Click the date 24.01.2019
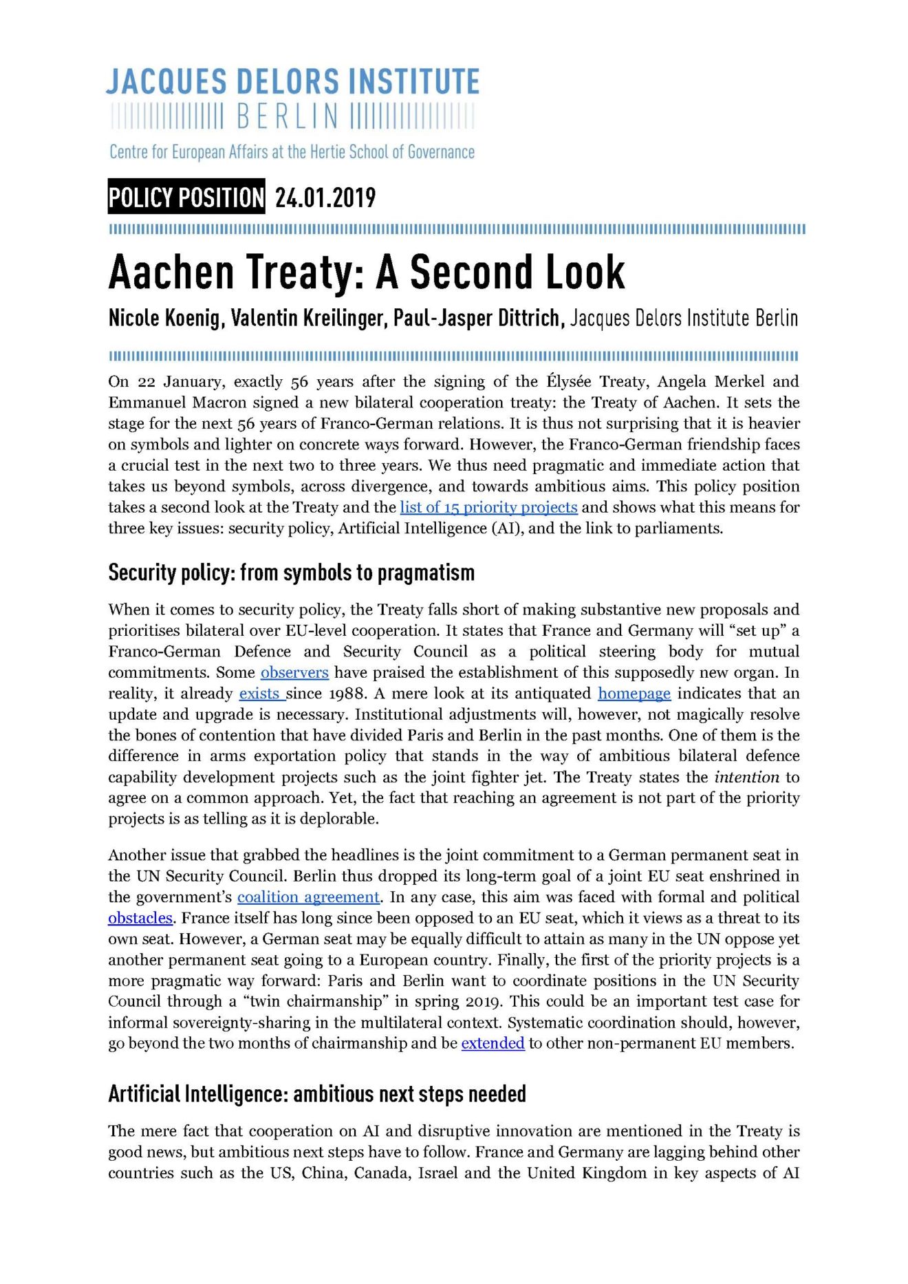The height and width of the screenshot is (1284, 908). click(325, 198)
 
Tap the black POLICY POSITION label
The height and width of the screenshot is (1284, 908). click(186, 197)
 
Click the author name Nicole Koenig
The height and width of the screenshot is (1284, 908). click(165, 318)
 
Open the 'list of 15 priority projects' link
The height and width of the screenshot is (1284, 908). click(488, 507)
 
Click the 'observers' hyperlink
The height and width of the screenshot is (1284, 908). click(294, 672)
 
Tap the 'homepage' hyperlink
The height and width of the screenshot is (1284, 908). click(634, 693)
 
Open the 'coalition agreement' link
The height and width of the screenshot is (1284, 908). click(308, 897)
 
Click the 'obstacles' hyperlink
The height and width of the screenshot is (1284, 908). click(140, 918)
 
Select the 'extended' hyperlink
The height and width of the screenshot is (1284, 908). click(493, 1043)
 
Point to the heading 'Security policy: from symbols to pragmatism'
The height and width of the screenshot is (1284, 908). click(291, 573)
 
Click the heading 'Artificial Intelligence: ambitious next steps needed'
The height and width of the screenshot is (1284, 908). click(316, 1094)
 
